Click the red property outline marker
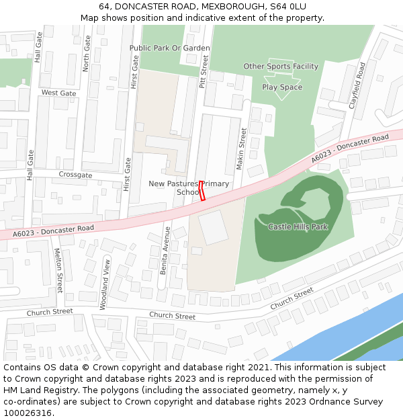tap(201, 191)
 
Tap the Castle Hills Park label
tap(298, 227)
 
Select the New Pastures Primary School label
tap(189, 187)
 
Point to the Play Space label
tap(282, 87)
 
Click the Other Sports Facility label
tap(281, 67)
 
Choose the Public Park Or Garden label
tap(169, 48)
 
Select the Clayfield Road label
tap(356, 85)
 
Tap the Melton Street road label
tap(58, 270)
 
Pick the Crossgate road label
tap(75, 175)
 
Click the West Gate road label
tap(59, 93)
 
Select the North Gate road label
tap(86, 54)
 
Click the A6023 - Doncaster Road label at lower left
tap(53, 231)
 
